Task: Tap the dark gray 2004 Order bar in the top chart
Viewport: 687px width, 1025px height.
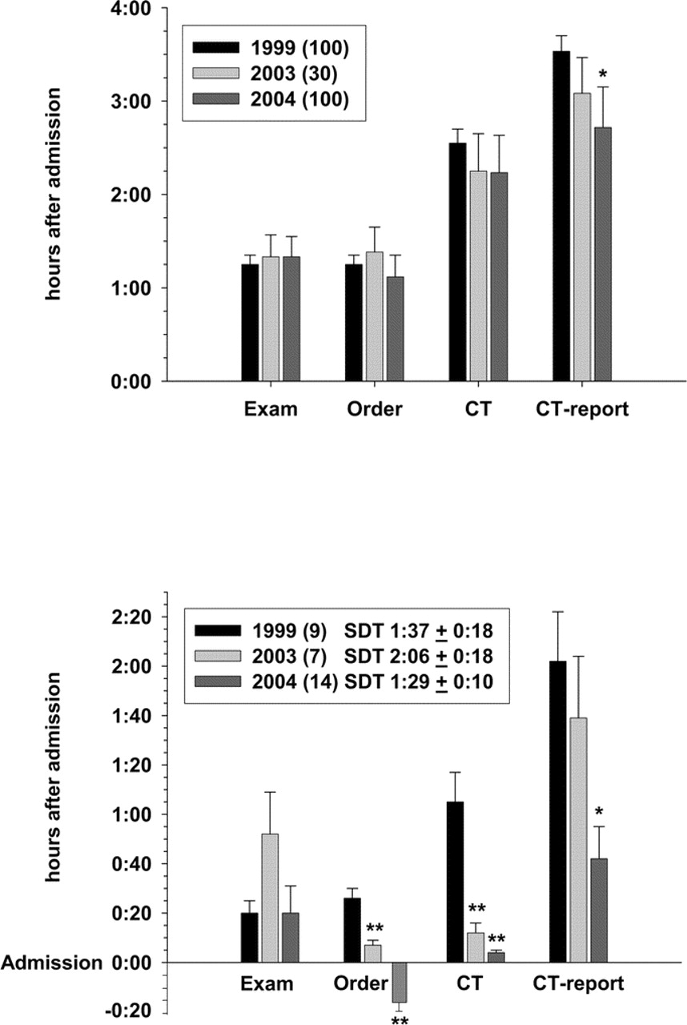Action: coord(394,328)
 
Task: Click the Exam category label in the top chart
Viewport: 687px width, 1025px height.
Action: coord(271,410)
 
